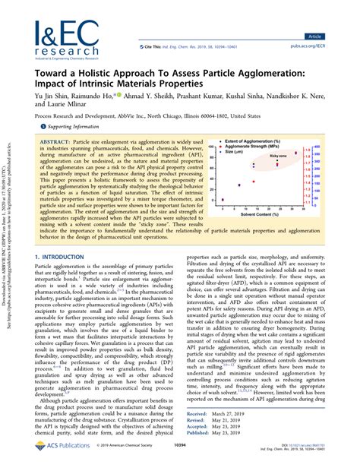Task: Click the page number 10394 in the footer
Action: coord(180,462)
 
